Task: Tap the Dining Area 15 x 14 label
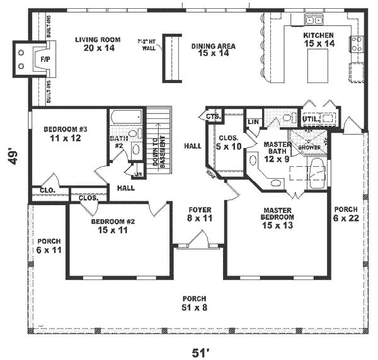click(x=213, y=50)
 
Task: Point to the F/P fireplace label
click(x=45, y=58)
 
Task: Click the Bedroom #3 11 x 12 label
click(x=62, y=134)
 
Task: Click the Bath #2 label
click(x=118, y=142)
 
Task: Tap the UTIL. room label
click(x=309, y=118)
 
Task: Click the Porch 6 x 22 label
click(x=345, y=213)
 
